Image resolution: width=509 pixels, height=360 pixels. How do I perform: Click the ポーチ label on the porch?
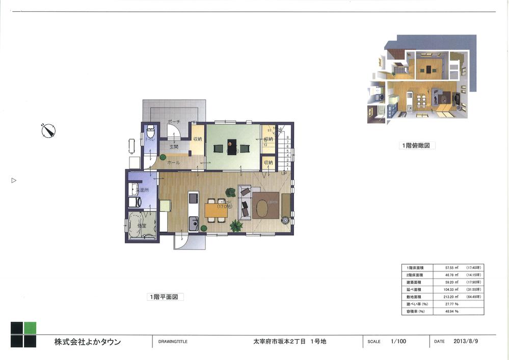click(x=173, y=122)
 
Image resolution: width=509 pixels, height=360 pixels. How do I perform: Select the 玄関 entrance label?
click(x=174, y=147)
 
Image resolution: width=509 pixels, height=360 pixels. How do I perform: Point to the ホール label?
click(x=174, y=162)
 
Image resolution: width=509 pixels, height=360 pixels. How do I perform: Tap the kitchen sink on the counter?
click(x=193, y=223)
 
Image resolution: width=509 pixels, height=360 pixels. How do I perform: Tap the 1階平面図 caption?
click(x=165, y=296)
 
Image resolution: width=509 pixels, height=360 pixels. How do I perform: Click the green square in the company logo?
click(x=30, y=328)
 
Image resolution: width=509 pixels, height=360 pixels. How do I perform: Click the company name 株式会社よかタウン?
click(x=88, y=342)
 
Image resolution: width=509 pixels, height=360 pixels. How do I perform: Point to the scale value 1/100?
click(x=398, y=342)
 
